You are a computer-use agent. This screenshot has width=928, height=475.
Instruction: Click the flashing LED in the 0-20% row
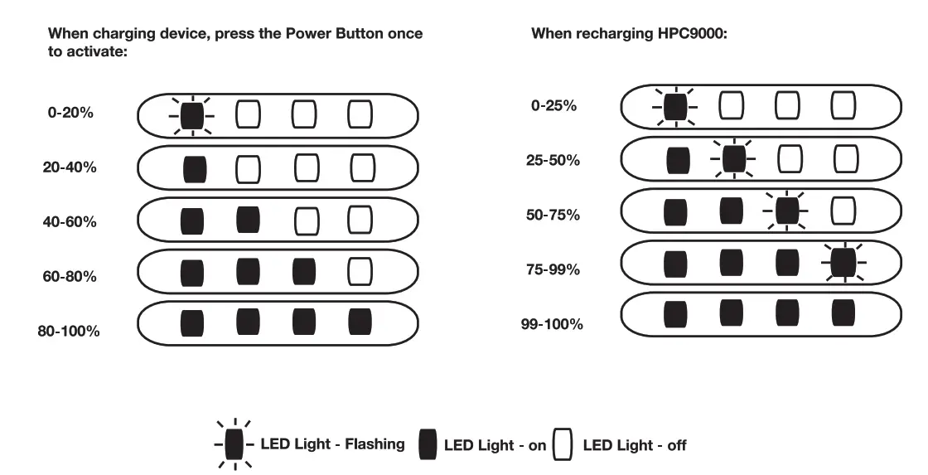[192, 114]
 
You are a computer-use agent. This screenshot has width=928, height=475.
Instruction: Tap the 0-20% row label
[70, 113]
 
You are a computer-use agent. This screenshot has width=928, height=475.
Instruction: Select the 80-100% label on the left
[69, 331]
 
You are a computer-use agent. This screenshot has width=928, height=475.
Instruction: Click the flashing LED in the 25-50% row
[732, 159]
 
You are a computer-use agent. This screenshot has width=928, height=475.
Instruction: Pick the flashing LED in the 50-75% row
[786, 211]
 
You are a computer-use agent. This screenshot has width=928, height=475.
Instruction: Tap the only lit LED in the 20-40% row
[194, 168]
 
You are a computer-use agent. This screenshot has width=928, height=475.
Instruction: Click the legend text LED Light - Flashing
[332, 443]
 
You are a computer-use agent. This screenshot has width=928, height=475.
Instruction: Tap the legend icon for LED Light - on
[428, 445]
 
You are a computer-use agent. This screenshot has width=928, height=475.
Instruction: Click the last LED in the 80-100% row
[360, 322]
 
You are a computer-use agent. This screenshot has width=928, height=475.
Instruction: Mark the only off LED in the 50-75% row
[843, 211]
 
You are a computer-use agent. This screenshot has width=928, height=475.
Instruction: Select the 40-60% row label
[70, 222]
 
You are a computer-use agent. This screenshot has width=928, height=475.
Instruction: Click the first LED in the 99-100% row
[676, 313]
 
